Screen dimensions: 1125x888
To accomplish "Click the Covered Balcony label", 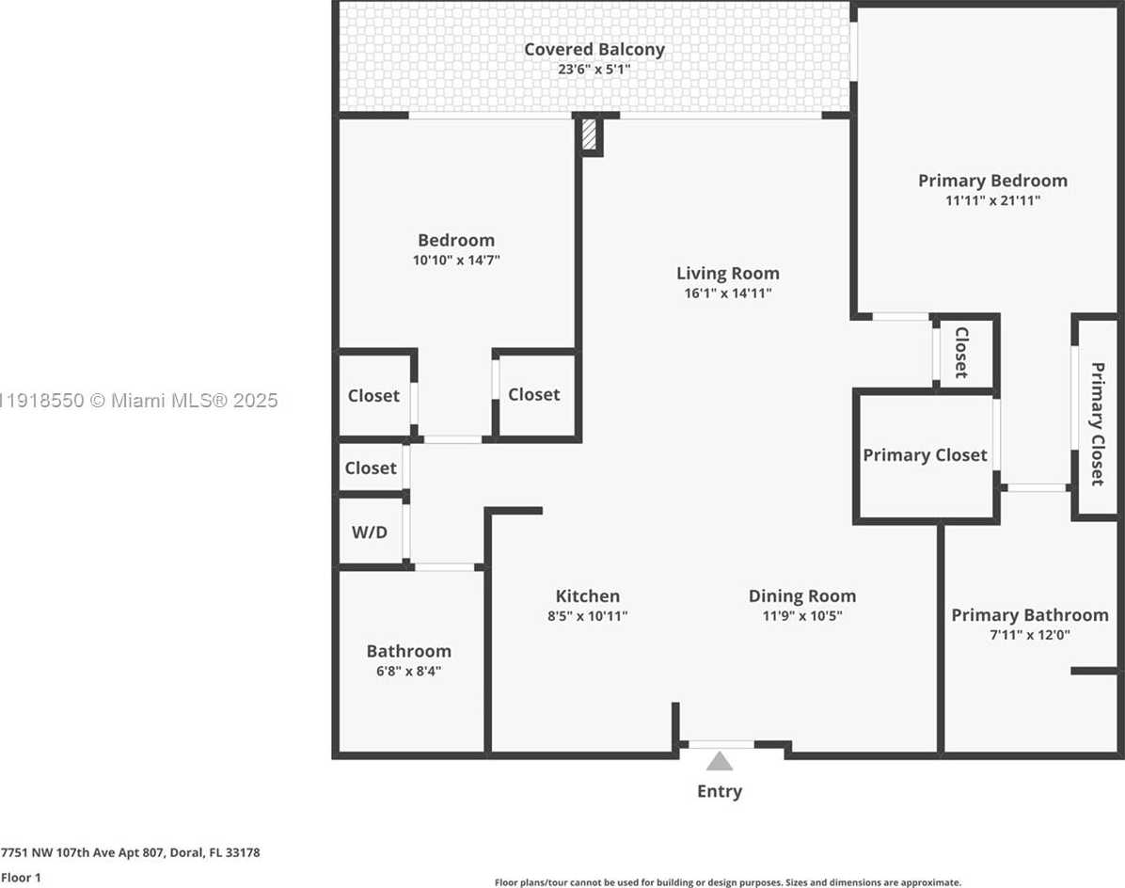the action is [594, 50].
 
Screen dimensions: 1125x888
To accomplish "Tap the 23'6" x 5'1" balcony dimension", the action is [594, 70].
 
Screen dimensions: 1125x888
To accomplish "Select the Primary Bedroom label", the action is [992, 181].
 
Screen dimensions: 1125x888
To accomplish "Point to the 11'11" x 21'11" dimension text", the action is [992, 201].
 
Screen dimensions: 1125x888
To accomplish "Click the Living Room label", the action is [727, 274].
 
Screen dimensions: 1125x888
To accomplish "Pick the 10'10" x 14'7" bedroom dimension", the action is [456, 260].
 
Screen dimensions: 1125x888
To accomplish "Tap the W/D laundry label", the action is [370, 532].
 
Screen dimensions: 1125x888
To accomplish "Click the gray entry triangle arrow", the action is [719, 761].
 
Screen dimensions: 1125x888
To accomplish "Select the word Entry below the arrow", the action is [720, 791].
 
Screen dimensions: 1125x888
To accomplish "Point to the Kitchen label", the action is [588, 596].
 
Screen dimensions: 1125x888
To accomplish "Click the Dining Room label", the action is [802, 596].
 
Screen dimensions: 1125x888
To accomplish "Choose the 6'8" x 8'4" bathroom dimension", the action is [408, 672].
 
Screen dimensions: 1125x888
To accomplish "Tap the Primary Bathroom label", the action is [1030, 615].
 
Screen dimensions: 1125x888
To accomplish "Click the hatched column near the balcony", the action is [588, 135].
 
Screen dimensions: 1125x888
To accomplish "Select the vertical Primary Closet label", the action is [1097, 424].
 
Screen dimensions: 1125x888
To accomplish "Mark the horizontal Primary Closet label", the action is [925, 455].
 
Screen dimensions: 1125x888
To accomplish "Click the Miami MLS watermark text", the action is [139, 400].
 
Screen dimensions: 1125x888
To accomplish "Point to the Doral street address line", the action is [130, 853].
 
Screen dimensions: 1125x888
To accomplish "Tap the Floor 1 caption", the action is [21, 878].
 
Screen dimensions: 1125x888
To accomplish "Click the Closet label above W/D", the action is [371, 468].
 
